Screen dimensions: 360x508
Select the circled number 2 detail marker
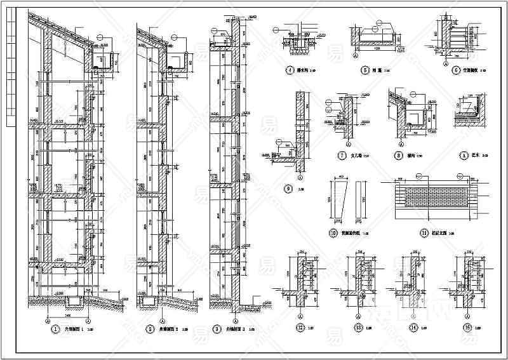coord(150,330)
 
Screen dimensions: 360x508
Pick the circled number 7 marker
coord(341,154)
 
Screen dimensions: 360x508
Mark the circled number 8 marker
coord(398,154)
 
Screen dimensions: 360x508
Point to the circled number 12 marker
coord(300,329)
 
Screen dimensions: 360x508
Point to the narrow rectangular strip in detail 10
coord(359,201)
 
